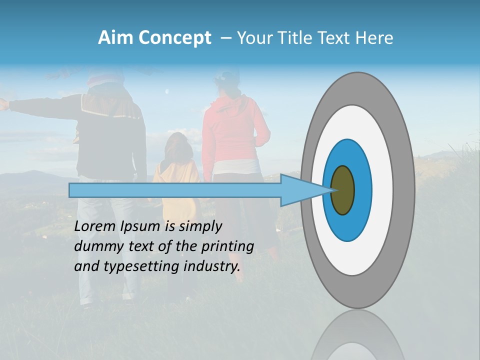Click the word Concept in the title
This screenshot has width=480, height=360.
click(174, 38)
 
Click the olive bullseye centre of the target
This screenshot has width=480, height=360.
click(343, 190)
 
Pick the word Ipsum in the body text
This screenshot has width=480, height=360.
click(141, 226)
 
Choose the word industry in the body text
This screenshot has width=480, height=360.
click(212, 266)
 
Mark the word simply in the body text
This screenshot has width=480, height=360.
click(200, 226)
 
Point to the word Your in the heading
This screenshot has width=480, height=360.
click(252, 38)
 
